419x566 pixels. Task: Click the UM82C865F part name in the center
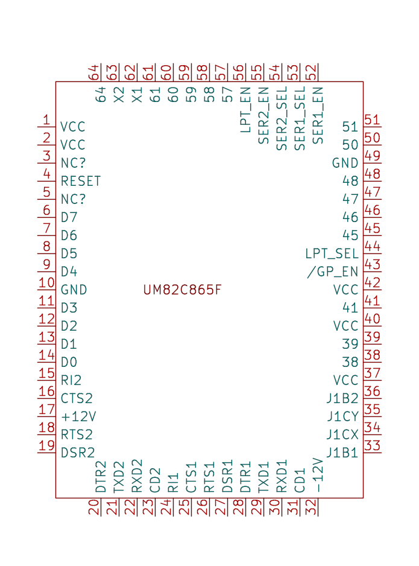coord(182,290)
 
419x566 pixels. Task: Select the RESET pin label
coord(81,181)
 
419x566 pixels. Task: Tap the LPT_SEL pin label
coord(332,254)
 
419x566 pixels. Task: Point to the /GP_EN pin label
coord(332,272)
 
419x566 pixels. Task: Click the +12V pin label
coord(78,416)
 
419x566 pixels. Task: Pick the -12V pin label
coord(318,475)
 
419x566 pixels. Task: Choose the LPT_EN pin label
coord(245,110)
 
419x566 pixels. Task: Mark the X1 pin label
coord(137,95)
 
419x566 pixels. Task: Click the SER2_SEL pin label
coord(282,118)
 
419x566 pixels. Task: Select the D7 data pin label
coord(69,217)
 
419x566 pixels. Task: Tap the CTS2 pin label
coord(77,398)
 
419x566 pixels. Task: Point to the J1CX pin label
coord(342,434)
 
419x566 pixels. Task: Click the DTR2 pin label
coord(101,477)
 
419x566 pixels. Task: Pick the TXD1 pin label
coord(263,477)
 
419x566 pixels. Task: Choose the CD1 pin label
coord(300,480)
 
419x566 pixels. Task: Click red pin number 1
coord(46,119)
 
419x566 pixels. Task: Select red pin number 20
coord(94,507)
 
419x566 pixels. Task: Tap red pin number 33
coord(373,445)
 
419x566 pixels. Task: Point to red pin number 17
coord(46,409)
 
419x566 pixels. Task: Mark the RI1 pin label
coord(173,483)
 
